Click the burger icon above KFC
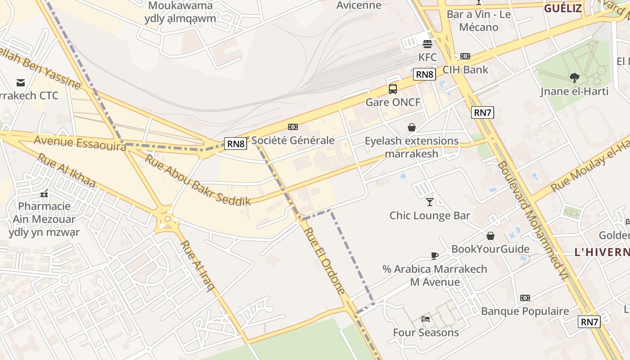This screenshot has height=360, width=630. pyautogui.click(x=427, y=44)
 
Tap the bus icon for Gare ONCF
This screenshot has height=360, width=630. pyautogui.click(x=393, y=89)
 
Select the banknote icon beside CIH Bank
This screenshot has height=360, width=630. pyautogui.click(x=465, y=57)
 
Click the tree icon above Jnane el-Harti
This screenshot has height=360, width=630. pyautogui.click(x=574, y=78)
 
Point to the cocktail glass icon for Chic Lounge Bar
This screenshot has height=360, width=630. pyautogui.click(x=430, y=202)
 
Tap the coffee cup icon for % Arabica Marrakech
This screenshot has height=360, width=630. pyautogui.click(x=434, y=256)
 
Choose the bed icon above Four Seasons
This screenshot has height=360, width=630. pyautogui.click(x=425, y=319)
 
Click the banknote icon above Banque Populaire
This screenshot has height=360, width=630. pyautogui.click(x=525, y=298)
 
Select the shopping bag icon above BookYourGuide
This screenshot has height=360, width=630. pyautogui.click(x=490, y=236)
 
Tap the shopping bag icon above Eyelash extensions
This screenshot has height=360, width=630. pyautogui.click(x=411, y=127)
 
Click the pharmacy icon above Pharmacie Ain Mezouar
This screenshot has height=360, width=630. pyautogui.click(x=44, y=193)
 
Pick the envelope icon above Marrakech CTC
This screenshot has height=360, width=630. pyautogui.click(x=21, y=82)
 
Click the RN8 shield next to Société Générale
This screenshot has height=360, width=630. pyautogui.click(x=236, y=144)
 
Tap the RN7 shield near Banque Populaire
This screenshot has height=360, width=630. pyautogui.click(x=589, y=321)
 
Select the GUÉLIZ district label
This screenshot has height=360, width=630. pyautogui.click(x=563, y=8)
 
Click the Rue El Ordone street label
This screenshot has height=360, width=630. pyautogui.click(x=324, y=261)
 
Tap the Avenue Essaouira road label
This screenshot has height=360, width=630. pyautogui.click(x=80, y=144)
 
